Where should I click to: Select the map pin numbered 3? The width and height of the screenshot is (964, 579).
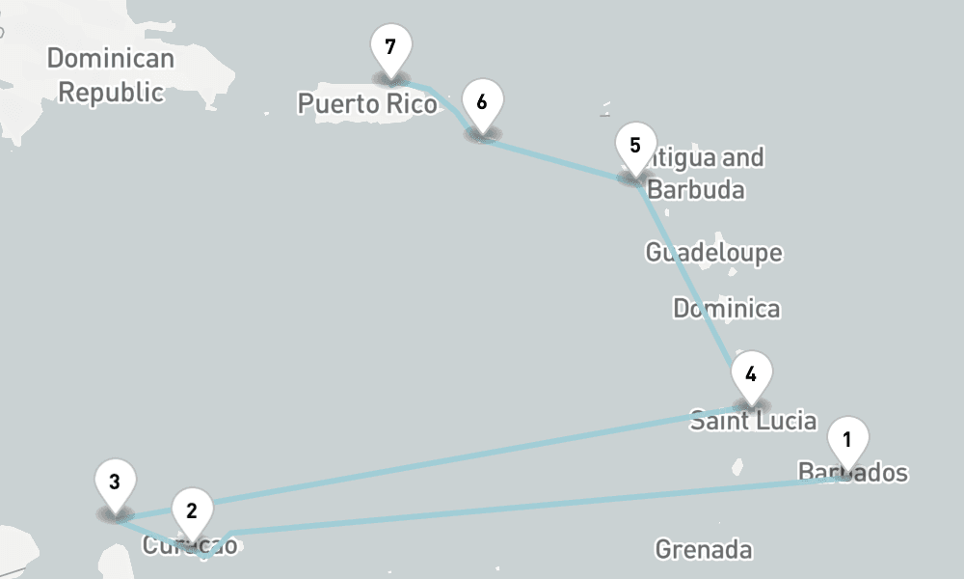click(115, 482)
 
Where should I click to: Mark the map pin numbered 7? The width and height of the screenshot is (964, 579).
click(390, 47)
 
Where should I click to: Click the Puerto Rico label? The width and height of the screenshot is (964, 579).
click(367, 103)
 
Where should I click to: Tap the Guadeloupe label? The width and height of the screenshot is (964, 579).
click(713, 253)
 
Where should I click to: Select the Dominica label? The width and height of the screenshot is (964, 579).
click(727, 309)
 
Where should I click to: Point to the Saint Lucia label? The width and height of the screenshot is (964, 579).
click(753, 421)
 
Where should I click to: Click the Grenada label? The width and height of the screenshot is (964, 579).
click(704, 550)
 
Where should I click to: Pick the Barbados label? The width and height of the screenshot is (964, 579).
click(853, 473)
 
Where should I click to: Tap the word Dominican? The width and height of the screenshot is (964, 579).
click(111, 59)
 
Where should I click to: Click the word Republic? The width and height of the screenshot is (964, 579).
click(111, 93)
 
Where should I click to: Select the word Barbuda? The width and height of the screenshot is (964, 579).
click(695, 189)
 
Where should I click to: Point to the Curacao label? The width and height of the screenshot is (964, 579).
click(190, 545)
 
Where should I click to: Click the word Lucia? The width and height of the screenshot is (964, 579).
click(781, 421)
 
